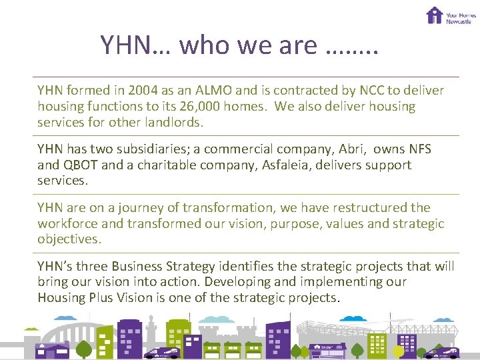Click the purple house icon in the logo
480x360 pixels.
pos(435,15)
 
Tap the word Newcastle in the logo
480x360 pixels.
pos(459,21)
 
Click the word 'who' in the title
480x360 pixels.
pos(201,45)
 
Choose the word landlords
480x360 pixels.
pos(169,123)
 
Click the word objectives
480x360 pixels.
pos(68,239)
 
